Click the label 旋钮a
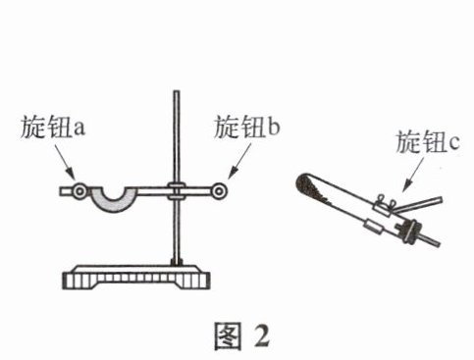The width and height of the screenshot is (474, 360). tap(53, 128)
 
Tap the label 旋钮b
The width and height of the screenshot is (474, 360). tap(247, 127)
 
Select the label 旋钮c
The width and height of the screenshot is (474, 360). tap(428, 142)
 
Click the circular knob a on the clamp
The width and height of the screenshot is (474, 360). tap(79, 191)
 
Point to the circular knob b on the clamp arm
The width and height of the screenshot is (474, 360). tap(219, 191)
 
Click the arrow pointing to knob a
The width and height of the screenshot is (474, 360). tap(65, 161)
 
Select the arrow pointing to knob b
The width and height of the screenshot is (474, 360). tap(238, 161)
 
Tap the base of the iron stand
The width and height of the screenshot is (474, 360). tap(136, 278)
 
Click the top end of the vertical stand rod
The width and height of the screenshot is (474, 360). tap(177, 91)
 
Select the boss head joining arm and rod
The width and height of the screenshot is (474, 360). tap(177, 191)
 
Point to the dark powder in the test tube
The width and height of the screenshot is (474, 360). tap(311, 189)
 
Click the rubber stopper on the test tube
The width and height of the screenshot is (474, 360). tap(408, 231)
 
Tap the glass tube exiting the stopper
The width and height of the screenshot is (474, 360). tap(429, 239)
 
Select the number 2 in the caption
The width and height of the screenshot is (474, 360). tap(263, 336)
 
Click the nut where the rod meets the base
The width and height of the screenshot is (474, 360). tap(177, 262)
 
